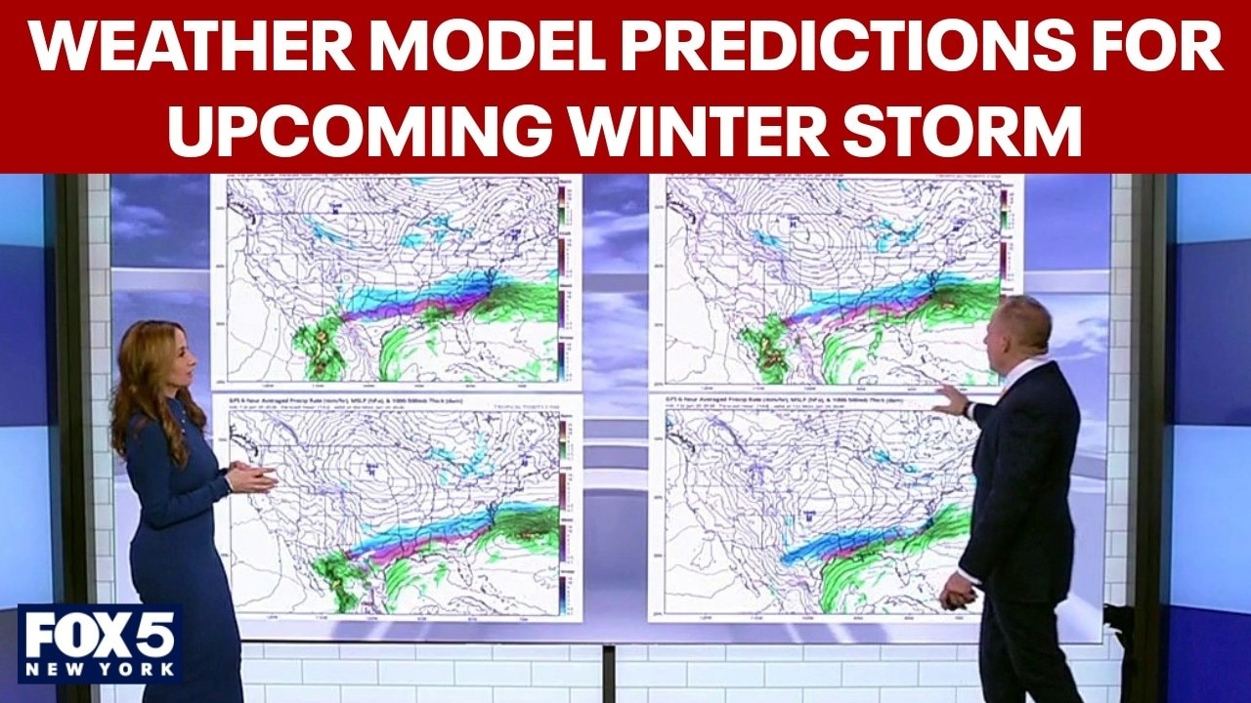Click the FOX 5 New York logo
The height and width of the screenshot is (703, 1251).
pos(99,643)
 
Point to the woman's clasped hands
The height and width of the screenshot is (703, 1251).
pos(250,477)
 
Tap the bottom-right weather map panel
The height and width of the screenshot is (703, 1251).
pos(811,508)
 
